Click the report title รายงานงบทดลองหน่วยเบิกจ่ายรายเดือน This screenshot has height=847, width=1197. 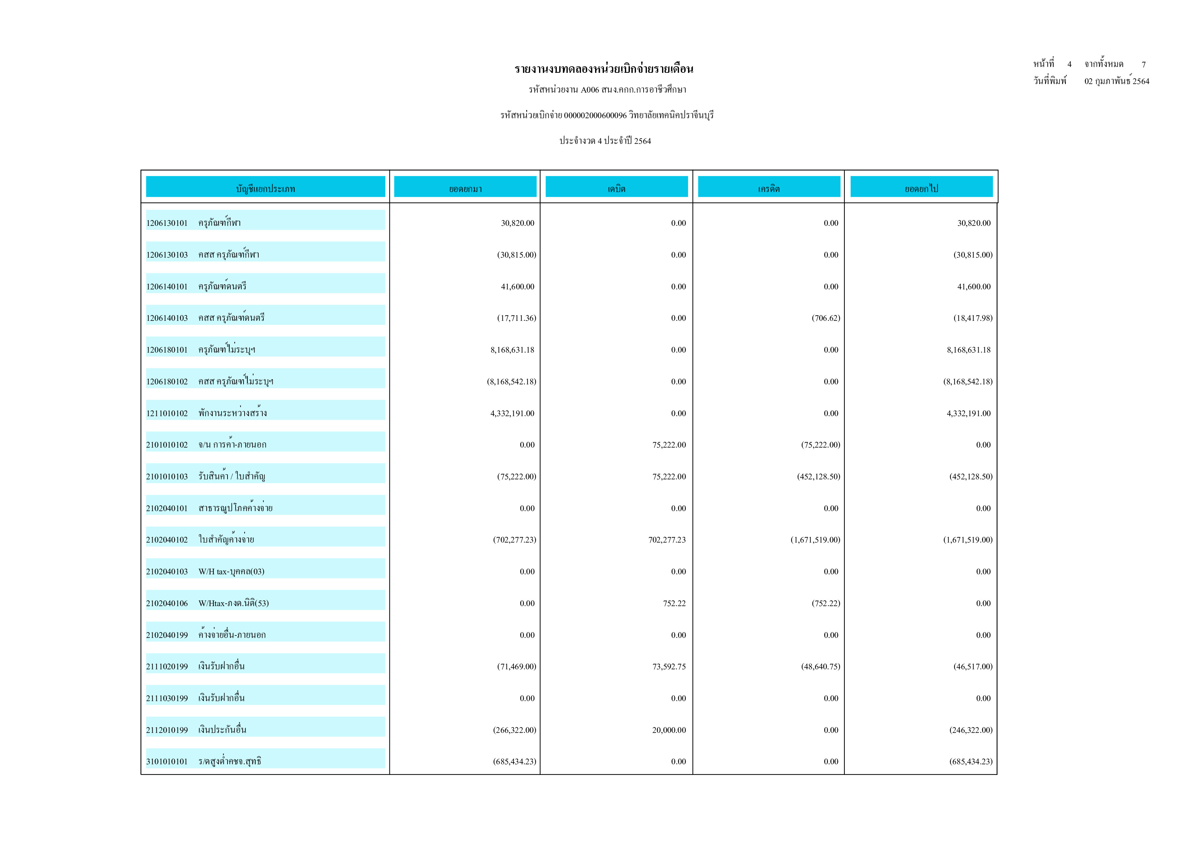click(x=604, y=69)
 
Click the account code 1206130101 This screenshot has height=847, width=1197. click(x=167, y=223)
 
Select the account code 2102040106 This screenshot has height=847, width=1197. click(x=167, y=603)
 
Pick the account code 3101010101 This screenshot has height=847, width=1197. click(x=167, y=762)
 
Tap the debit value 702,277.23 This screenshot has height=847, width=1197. click(x=667, y=540)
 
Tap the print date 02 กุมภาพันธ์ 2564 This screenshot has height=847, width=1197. click(x=1117, y=81)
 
